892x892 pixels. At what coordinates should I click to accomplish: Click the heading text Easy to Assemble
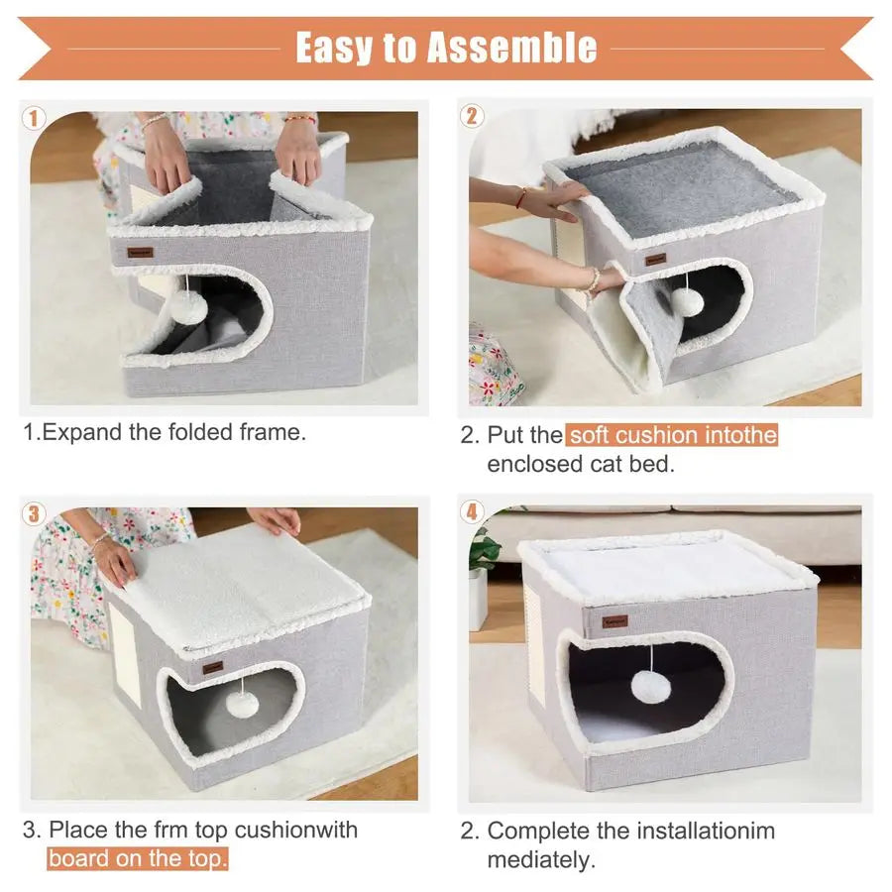[x=446, y=47]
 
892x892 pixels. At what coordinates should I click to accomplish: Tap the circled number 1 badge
[x=34, y=118]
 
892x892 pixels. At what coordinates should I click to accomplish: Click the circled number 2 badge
[x=472, y=116]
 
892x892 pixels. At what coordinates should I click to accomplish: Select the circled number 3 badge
[x=35, y=512]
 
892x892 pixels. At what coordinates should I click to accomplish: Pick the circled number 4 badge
[x=472, y=512]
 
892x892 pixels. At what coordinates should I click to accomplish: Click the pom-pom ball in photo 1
[x=189, y=308]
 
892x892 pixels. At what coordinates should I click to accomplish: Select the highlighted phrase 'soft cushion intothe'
[x=672, y=435]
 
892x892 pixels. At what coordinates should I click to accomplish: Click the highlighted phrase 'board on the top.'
[x=138, y=859]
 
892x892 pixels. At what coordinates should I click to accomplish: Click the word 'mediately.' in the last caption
[x=541, y=859]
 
